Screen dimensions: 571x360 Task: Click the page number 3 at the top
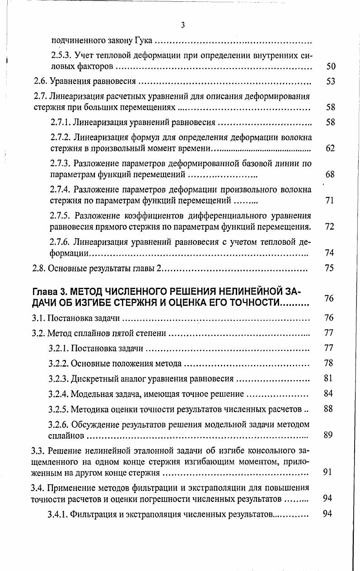click(x=182, y=25)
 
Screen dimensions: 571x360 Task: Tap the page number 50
click(x=331, y=67)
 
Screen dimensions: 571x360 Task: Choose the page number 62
click(x=330, y=148)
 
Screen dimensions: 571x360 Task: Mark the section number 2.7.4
click(x=61, y=189)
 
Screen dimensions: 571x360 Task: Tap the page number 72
click(x=330, y=226)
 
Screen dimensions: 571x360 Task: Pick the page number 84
click(x=328, y=393)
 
